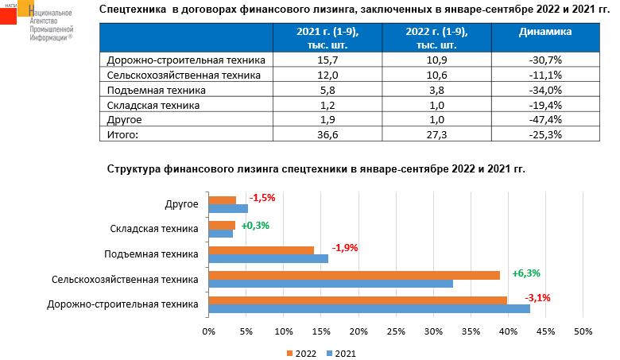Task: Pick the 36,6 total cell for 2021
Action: (326, 134)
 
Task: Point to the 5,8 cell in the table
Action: (326, 90)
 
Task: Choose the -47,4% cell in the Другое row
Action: (545, 119)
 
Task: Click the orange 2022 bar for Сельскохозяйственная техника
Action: (354, 275)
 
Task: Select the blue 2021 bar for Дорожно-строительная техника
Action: (369, 308)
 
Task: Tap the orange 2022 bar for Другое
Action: (222, 200)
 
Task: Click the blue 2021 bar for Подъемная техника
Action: (268, 258)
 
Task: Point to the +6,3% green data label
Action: (526, 273)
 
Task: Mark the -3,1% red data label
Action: (537, 298)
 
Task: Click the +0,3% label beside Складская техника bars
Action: (255, 225)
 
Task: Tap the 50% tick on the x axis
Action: (583, 331)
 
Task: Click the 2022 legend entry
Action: (300, 352)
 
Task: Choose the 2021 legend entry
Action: (339, 352)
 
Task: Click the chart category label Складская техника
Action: (153, 229)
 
